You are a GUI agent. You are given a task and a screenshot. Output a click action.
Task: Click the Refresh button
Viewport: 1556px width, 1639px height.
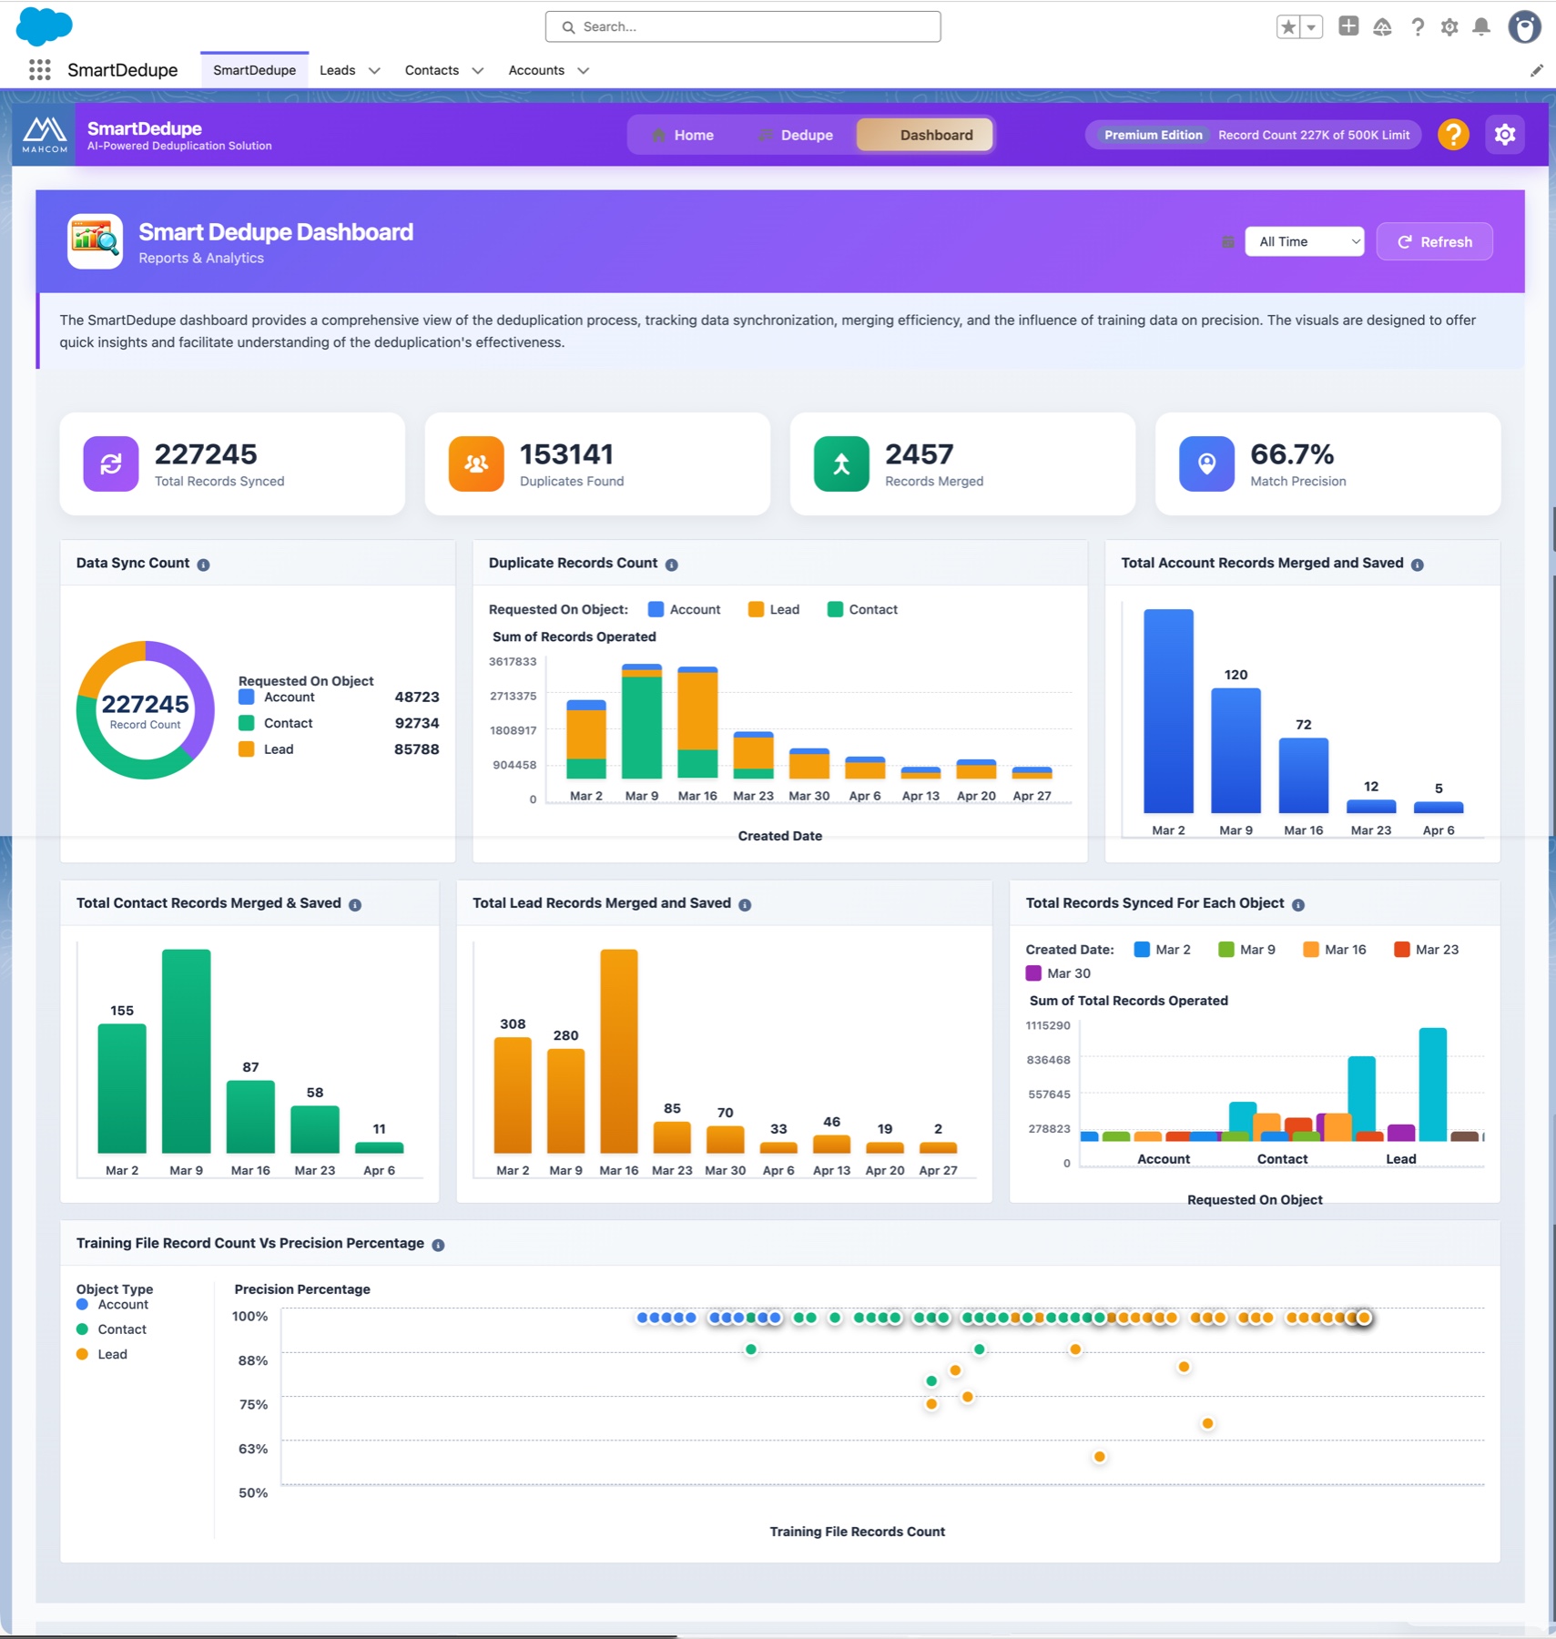(1434, 241)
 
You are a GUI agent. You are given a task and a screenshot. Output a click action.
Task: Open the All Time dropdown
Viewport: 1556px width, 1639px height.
(1304, 241)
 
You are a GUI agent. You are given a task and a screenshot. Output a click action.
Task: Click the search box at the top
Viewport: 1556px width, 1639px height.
(743, 26)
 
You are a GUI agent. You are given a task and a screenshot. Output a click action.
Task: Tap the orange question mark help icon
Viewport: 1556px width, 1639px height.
(1453, 135)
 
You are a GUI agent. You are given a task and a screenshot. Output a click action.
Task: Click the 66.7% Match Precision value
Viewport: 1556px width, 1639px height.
(1291, 453)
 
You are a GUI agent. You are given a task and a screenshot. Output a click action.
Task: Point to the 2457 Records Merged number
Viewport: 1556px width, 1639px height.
(919, 453)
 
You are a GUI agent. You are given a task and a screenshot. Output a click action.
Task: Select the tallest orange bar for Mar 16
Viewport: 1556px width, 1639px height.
(619, 1051)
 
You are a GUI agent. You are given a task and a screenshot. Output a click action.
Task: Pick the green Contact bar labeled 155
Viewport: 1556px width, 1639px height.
(122, 1088)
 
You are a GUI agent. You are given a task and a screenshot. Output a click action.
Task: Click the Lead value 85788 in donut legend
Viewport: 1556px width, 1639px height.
(416, 749)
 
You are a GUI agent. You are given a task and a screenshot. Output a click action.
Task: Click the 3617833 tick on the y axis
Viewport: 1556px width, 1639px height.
(513, 662)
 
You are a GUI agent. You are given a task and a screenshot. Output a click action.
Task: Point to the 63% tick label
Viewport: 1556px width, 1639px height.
(253, 1449)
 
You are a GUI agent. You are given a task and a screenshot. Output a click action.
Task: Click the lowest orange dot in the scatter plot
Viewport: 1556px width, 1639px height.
(1100, 1457)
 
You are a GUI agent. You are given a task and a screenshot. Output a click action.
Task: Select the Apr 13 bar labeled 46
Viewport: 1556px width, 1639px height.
(831, 1144)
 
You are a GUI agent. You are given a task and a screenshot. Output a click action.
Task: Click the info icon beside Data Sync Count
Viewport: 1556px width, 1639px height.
(203, 565)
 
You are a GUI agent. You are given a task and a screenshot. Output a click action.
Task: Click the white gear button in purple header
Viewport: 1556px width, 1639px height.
(1504, 135)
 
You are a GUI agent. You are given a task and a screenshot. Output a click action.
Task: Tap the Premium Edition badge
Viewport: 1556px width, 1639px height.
(1153, 135)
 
